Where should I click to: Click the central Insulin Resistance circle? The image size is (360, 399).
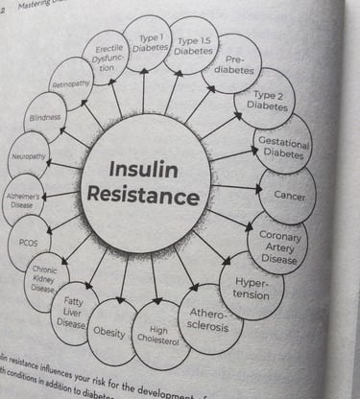click(x=144, y=182)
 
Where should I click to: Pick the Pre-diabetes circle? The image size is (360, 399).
click(x=231, y=63)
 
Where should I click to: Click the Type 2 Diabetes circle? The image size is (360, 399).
click(x=264, y=101)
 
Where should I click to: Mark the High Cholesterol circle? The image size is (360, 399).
click(x=160, y=335)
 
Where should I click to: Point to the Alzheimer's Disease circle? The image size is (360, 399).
click(x=24, y=198)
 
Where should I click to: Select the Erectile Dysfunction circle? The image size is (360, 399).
click(x=108, y=59)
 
